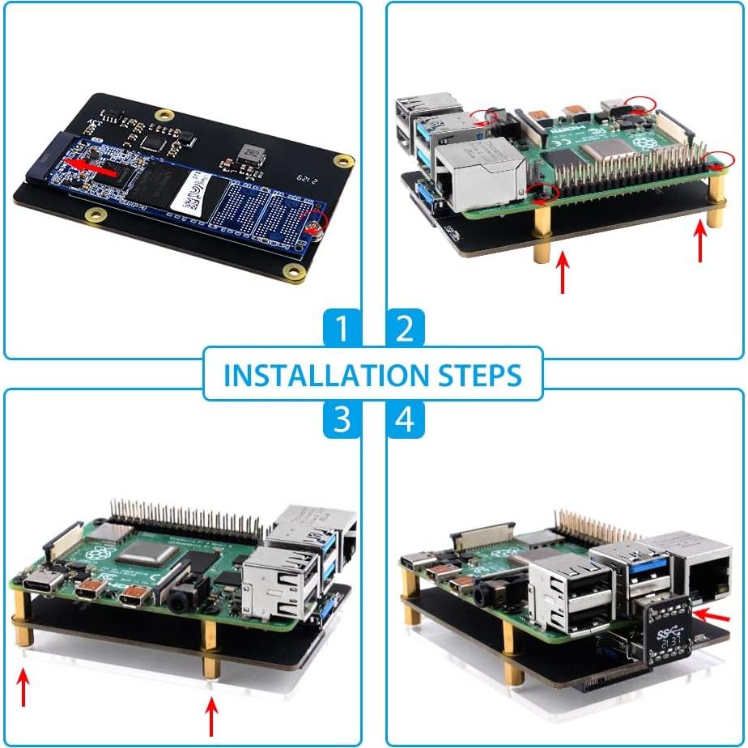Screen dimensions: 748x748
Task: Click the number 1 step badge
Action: click(342, 329)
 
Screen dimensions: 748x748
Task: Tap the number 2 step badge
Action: click(405, 329)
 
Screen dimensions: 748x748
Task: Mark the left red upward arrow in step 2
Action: click(561, 271)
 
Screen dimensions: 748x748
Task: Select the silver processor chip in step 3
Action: click(145, 559)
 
